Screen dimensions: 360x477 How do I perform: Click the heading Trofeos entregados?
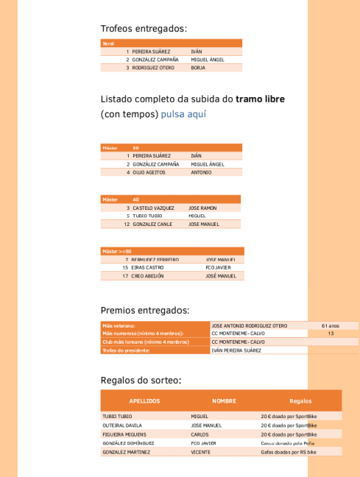tap(144, 29)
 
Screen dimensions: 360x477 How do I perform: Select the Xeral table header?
tap(108, 43)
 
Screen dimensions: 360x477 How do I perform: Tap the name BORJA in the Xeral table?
tap(198, 67)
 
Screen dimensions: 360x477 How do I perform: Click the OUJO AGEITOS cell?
tap(150, 172)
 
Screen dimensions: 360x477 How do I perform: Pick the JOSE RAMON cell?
tap(202, 208)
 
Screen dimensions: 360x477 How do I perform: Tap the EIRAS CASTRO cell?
tap(147, 267)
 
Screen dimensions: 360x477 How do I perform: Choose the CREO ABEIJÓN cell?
tap(147, 276)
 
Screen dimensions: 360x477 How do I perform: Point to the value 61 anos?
tap(331, 325)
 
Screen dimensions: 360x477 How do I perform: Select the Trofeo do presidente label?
tap(126, 350)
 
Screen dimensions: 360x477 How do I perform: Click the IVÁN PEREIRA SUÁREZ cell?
tap(236, 350)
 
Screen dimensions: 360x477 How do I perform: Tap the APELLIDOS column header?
tap(144, 401)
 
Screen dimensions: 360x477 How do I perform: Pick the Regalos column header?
tap(300, 401)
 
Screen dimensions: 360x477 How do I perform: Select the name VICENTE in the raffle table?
tap(200, 452)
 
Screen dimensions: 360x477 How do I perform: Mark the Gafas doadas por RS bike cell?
tap(289, 452)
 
